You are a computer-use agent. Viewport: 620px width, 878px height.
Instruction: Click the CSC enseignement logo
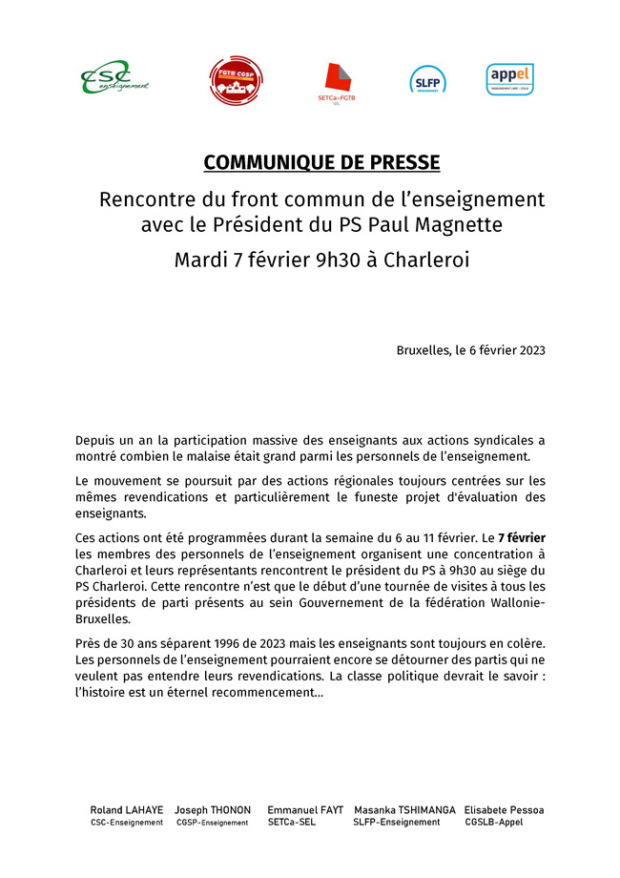tap(114, 78)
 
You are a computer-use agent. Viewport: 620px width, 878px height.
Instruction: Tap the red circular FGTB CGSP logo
tap(236, 80)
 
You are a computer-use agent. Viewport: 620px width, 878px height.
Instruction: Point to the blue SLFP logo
tap(427, 80)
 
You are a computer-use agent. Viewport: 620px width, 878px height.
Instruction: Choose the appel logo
tap(509, 78)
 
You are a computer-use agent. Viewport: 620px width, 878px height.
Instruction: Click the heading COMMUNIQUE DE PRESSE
tap(321, 163)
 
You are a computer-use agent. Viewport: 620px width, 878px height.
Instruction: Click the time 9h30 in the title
tap(340, 261)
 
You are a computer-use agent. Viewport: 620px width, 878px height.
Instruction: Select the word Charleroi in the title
tap(426, 261)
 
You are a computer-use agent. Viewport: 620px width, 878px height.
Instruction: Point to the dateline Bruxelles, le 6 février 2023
tap(470, 350)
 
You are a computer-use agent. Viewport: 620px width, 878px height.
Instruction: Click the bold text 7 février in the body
tap(521, 538)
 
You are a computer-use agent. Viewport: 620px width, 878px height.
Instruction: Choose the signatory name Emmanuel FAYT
tap(304, 809)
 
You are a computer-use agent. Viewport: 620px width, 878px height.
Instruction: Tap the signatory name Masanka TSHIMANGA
tap(404, 809)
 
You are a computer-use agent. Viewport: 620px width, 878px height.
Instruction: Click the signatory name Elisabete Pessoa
tap(504, 809)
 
